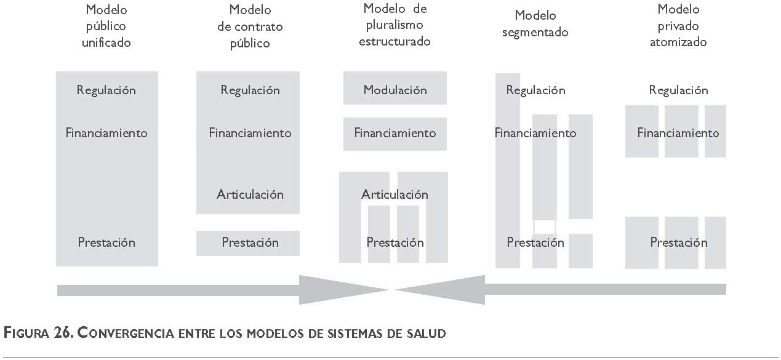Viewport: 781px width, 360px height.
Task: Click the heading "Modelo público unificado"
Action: tap(106, 26)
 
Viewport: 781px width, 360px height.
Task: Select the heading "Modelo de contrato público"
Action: tap(250, 26)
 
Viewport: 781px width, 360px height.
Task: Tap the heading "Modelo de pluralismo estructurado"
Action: tap(395, 25)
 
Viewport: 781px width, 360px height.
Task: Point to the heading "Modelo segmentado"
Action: tap(535, 23)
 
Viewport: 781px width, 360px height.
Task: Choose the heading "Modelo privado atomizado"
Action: tap(678, 26)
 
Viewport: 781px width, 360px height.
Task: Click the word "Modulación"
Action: tap(395, 90)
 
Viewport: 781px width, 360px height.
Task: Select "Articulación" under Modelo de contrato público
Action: tap(250, 194)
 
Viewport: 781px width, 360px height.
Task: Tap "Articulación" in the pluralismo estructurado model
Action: tap(395, 194)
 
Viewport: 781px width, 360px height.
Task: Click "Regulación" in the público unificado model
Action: tap(106, 90)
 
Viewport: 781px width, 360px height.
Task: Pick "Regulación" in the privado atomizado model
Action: tap(678, 90)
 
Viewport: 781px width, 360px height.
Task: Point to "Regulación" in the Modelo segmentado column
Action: tap(535, 90)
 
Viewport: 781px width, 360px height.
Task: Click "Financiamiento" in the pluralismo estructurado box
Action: tap(395, 133)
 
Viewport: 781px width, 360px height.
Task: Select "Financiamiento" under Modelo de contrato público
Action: tap(250, 133)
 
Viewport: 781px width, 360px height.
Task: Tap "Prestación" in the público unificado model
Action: tap(106, 242)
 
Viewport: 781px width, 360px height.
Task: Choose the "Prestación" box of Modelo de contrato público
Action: tap(250, 242)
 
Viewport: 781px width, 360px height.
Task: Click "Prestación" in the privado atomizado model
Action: tap(678, 242)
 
